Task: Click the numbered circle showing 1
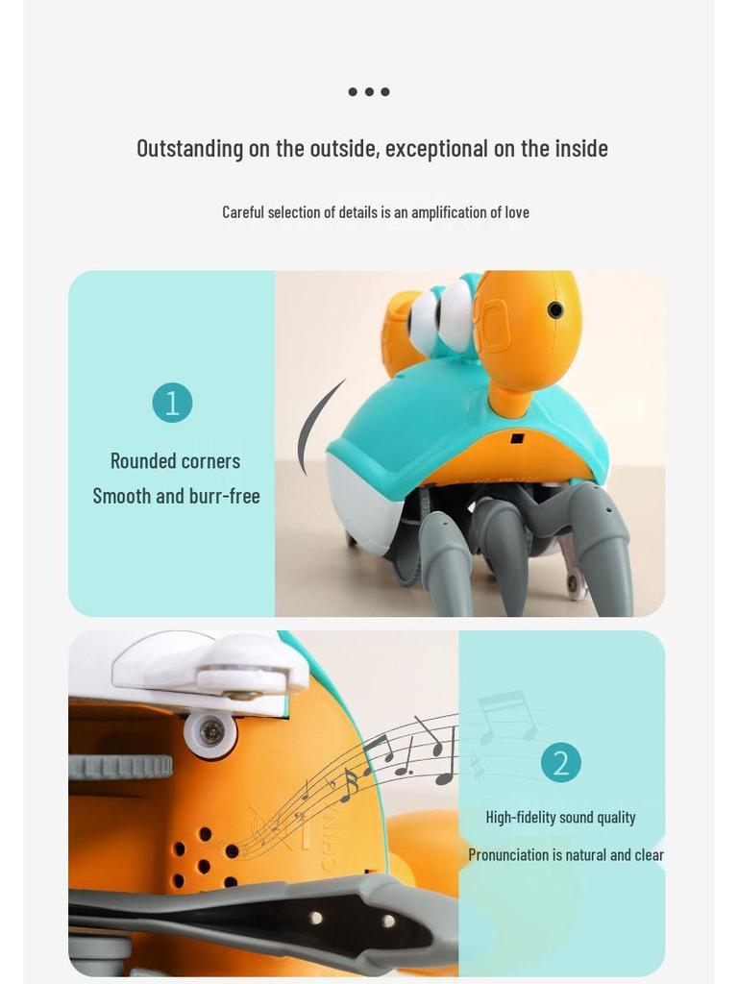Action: [x=172, y=403]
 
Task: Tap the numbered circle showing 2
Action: [x=561, y=763]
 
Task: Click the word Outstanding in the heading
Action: [x=189, y=149]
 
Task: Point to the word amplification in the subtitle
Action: [x=448, y=212]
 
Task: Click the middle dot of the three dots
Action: [x=369, y=92]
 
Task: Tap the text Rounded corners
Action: [x=175, y=461]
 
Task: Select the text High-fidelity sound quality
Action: [x=560, y=817]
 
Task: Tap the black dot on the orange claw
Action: [x=555, y=309]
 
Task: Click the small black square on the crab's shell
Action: [x=517, y=438]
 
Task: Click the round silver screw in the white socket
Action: [x=211, y=734]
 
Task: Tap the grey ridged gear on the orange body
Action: [x=120, y=767]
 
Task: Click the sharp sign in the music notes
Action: [x=477, y=766]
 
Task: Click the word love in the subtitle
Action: [x=517, y=212]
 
